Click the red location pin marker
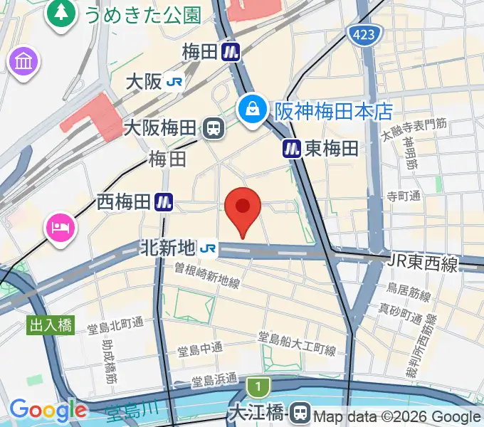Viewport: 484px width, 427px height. click(x=243, y=208)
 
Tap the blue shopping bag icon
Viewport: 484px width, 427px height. click(x=252, y=109)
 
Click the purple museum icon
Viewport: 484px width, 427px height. click(x=23, y=62)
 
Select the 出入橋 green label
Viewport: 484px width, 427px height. click(x=51, y=325)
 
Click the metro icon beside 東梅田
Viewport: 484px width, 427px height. click(x=292, y=148)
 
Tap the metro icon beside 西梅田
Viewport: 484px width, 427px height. click(x=165, y=202)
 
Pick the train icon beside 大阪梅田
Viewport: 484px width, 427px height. click(x=212, y=128)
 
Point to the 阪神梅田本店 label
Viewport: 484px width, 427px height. click(x=333, y=110)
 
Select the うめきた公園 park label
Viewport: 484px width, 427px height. click(x=142, y=14)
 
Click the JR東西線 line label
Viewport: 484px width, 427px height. click(x=423, y=263)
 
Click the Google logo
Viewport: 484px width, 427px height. click(x=48, y=410)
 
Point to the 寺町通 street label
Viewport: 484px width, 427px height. click(x=404, y=196)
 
